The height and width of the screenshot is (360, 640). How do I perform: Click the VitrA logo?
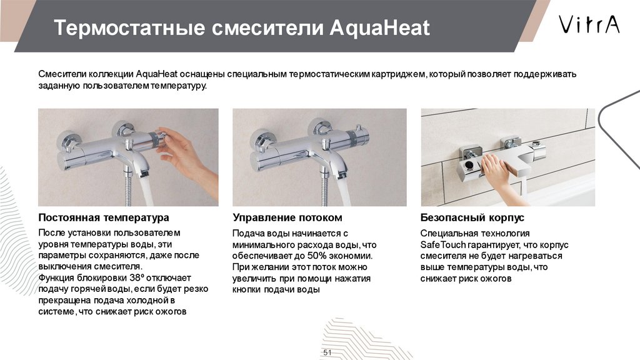coord(589,24)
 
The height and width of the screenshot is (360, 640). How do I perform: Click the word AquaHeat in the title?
coord(379,27)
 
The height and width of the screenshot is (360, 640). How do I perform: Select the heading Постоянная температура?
coord(104,217)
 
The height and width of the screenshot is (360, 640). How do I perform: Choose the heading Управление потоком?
coord(287,217)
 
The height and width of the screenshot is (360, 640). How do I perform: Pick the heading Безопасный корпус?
coord(472,217)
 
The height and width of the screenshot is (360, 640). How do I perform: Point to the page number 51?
coord(327,352)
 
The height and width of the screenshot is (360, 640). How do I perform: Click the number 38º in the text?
coord(137,278)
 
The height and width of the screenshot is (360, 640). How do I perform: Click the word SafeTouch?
coord(443,245)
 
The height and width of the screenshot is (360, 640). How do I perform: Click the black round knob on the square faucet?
coord(469,165)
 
